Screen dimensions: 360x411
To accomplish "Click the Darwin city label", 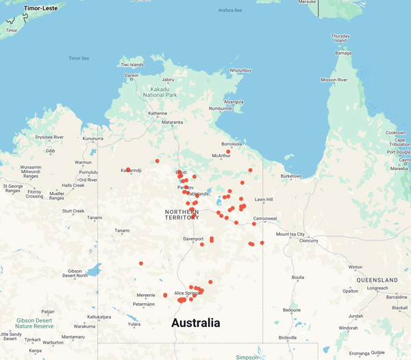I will click(x=132, y=75).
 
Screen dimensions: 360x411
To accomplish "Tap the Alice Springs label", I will click(x=187, y=293).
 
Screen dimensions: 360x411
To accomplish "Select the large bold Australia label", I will click(x=196, y=322).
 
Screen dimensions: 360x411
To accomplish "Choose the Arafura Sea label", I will click(x=229, y=10).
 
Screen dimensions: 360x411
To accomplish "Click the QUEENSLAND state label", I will click(x=372, y=280).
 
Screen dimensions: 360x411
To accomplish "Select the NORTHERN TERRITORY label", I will click(x=182, y=215).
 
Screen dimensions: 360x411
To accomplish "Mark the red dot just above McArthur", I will click(x=228, y=152).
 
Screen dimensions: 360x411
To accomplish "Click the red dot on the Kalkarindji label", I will click(x=128, y=170).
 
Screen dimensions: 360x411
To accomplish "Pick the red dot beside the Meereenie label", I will click(x=165, y=296).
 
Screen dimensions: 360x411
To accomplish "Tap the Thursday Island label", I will click(x=340, y=39).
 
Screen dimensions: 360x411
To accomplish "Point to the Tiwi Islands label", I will click(x=132, y=64).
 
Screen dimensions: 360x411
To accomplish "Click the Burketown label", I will click(x=291, y=176).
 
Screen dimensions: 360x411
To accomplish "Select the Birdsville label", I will click(x=288, y=337).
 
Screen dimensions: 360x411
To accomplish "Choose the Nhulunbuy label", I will click(x=240, y=71).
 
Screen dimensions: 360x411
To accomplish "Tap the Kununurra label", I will click(x=92, y=139).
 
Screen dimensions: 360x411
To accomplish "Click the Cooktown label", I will click(x=395, y=133).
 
